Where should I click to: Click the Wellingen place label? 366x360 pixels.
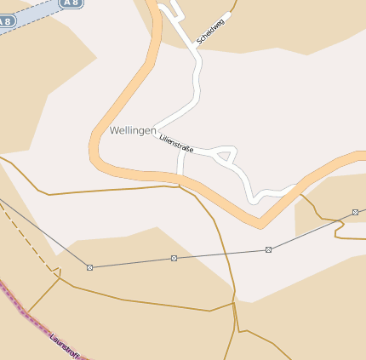pos(133,131)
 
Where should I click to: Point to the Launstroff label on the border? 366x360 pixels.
pos(66,345)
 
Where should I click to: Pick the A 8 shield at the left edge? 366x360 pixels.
pos(6,20)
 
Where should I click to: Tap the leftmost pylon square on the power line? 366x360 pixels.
pos(89,267)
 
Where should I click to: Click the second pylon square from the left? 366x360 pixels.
pos(174,258)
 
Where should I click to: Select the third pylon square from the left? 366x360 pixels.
pos(268,249)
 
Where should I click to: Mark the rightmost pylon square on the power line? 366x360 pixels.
pos(355,212)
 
